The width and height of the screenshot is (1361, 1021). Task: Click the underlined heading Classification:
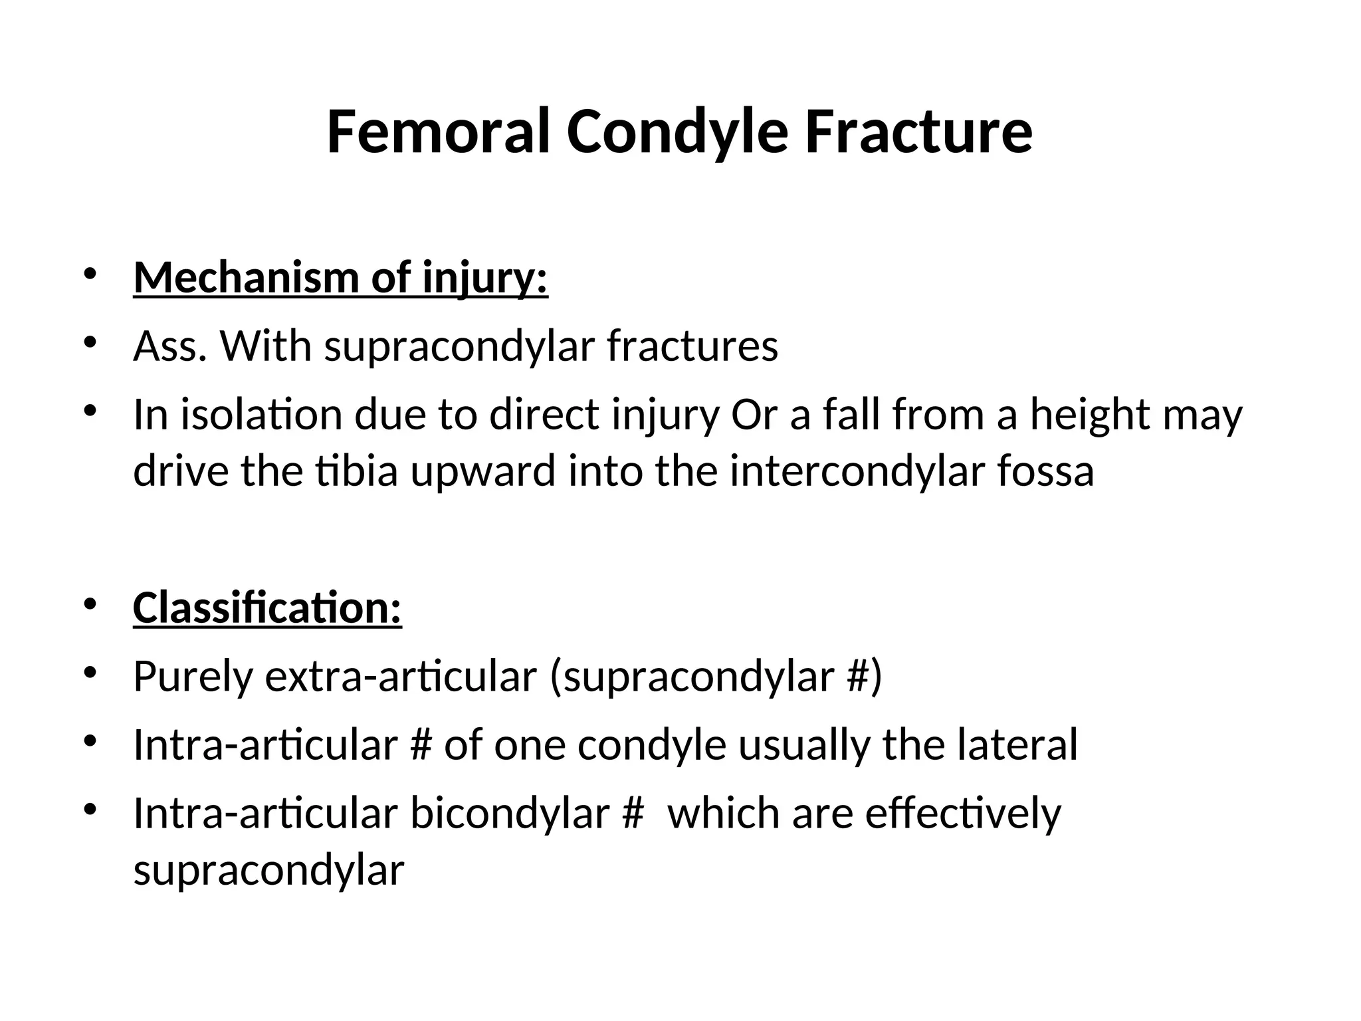tap(267, 608)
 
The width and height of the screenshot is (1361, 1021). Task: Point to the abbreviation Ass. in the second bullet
tap(170, 346)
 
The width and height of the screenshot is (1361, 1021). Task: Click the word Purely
tap(193, 677)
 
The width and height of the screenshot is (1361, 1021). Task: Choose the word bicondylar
tap(510, 814)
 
